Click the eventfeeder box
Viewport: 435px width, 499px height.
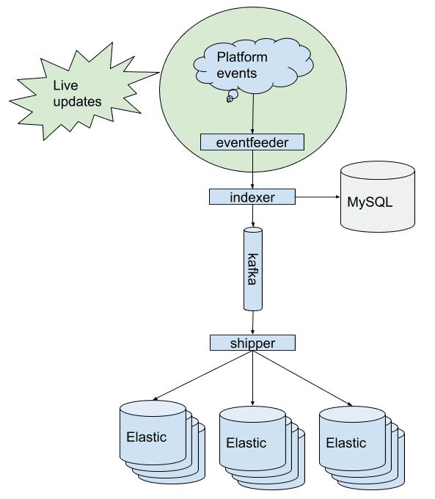[252, 142]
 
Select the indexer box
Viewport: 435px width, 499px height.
[252, 197]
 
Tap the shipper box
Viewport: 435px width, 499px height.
[252, 343]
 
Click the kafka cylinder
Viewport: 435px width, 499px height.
[253, 269]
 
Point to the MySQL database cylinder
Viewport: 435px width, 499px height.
[378, 197]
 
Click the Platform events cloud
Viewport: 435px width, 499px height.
[253, 66]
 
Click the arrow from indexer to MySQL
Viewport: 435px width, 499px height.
[318, 197]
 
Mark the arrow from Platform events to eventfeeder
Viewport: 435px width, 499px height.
[252, 114]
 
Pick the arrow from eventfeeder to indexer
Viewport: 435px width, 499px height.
[252, 170]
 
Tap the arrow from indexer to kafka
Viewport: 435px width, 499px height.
[252, 216]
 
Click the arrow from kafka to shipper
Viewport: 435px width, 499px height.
[253, 323]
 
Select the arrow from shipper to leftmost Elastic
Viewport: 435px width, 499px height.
[203, 375]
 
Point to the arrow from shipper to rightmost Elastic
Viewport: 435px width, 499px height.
[303, 379]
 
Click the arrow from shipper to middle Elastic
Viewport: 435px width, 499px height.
[252, 378]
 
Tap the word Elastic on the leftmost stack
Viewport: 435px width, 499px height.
[147, 437]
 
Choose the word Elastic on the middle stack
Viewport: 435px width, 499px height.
[246, 442]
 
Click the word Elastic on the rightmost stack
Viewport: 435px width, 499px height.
[346, 442]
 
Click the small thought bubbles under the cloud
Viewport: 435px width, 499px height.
[232, 96]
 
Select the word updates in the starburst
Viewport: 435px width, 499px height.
[77, 102]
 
